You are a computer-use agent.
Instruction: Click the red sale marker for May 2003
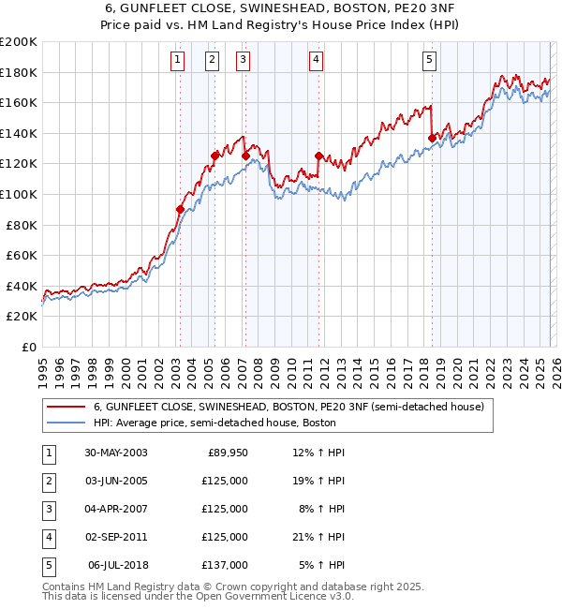point(180,209)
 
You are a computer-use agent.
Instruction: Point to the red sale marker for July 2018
point(432,138)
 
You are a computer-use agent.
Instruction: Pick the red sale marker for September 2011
point(318,156)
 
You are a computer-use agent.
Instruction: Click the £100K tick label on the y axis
point(19,194)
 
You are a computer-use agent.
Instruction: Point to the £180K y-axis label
point(19,72)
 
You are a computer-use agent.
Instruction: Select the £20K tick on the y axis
point(22,317)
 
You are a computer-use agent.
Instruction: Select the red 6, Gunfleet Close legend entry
point(288,407)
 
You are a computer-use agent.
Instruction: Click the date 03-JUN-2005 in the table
point(116,481)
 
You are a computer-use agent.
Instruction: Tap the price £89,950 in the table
point(228,453)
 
